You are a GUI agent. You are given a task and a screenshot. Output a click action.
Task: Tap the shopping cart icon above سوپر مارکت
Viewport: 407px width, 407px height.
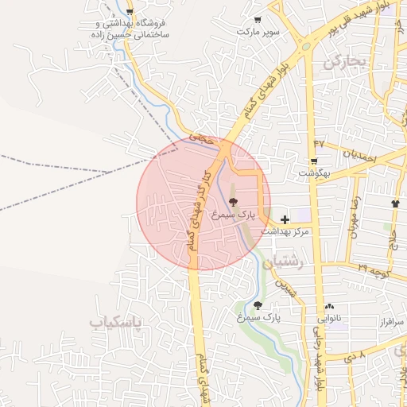(256, 19)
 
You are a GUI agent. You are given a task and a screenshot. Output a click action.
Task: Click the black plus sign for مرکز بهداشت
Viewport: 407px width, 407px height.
(285, 219)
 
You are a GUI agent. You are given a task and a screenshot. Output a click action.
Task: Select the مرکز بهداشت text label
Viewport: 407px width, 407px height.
(288, 231)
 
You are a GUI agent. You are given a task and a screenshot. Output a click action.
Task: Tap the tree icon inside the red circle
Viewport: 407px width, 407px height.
(232, 202)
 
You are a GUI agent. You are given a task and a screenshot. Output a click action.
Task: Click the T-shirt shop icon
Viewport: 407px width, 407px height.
(395, 203)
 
